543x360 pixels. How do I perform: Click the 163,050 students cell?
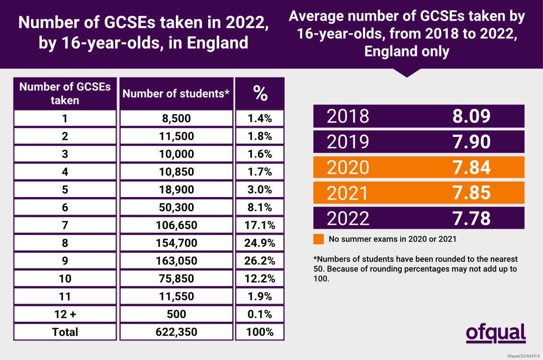pos(176,261)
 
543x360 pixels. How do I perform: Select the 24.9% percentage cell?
pos(260,243)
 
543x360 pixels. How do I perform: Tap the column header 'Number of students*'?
pos(176,94)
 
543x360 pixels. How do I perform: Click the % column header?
pos(260,93)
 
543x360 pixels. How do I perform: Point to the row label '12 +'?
pos(65,314)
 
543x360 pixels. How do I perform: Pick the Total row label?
pos(65,332)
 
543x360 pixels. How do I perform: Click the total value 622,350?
pos(176,332)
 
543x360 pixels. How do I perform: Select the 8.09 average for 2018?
pos(471,116)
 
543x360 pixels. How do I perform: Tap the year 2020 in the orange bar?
pos(348,167)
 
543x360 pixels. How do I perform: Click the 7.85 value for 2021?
pos(471,193)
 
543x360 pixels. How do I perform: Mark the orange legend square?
pos(318,239)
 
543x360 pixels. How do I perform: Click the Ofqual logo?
pos(495,333)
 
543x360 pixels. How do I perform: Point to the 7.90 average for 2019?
pos(471,142)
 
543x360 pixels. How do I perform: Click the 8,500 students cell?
pos(176,119)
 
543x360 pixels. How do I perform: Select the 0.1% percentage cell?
pos(260,314)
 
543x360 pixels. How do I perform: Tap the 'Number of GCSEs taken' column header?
pos(65,94)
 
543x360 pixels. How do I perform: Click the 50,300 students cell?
pos(176,208)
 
